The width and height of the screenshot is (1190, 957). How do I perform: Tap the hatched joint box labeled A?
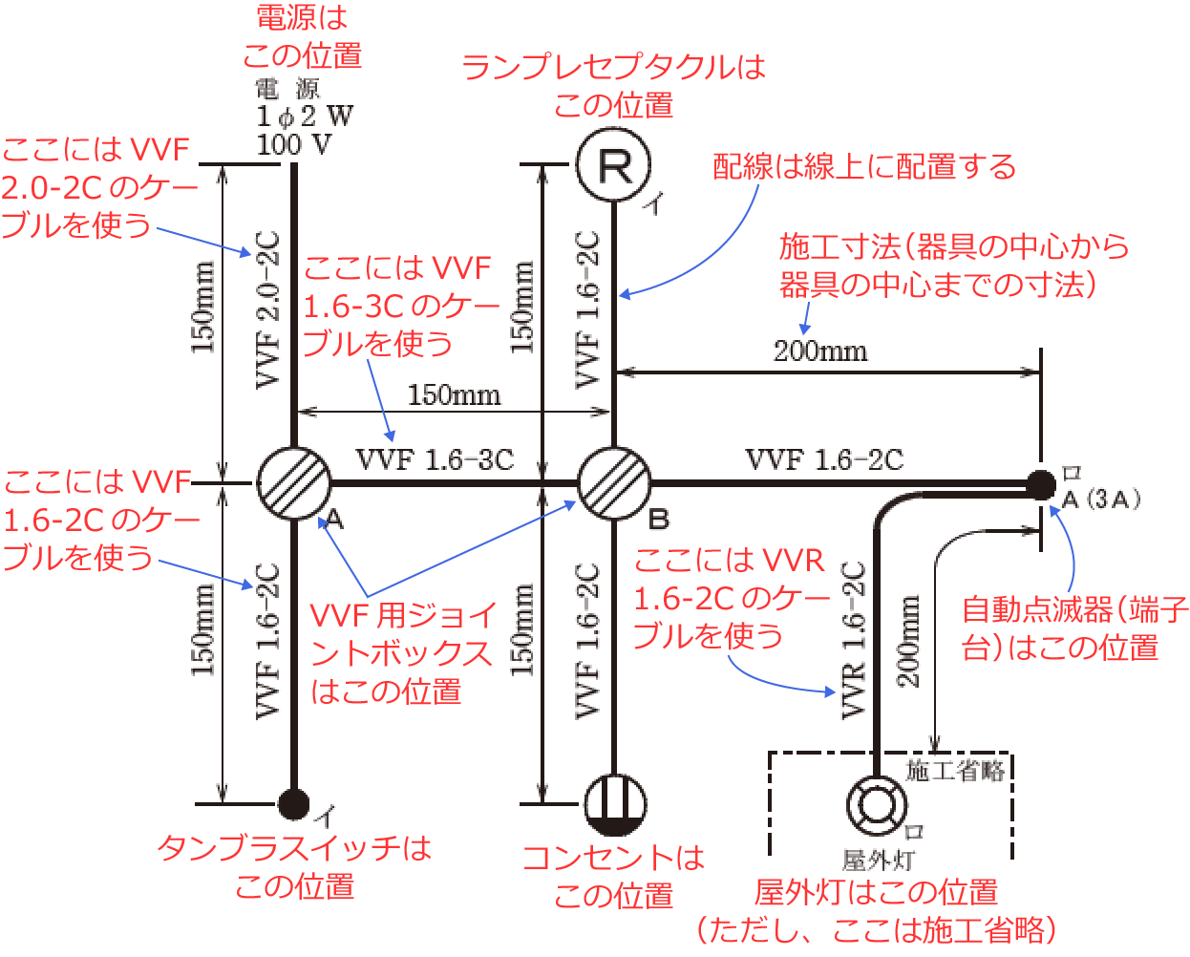coord(293,483)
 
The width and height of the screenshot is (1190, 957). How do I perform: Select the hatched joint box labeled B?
coord(613,483)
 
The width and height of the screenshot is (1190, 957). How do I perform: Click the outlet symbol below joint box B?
coord(614,804)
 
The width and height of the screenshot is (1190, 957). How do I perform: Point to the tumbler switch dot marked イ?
coord(293,804)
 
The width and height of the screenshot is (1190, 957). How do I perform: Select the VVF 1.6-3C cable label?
coord(435,460)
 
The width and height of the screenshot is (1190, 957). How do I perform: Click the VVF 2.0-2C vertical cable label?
coord(268,308)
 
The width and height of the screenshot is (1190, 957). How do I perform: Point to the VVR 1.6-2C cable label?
coord(853,640)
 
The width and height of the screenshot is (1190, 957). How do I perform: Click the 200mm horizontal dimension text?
coord(820,351)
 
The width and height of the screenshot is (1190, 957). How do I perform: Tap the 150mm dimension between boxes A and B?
coord(454,394)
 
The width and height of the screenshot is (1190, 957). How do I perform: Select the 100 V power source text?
coord(294,145)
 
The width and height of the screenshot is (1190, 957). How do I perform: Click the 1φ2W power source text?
coord(304,117)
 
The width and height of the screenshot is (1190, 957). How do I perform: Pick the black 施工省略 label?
coord(955,771)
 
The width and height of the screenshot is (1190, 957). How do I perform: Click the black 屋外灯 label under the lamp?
coord(877,861)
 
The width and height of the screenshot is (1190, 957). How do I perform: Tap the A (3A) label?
coord(1100,500)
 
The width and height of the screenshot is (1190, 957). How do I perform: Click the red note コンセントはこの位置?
coord(613,877)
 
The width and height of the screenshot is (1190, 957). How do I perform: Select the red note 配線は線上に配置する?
coord(864,167)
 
